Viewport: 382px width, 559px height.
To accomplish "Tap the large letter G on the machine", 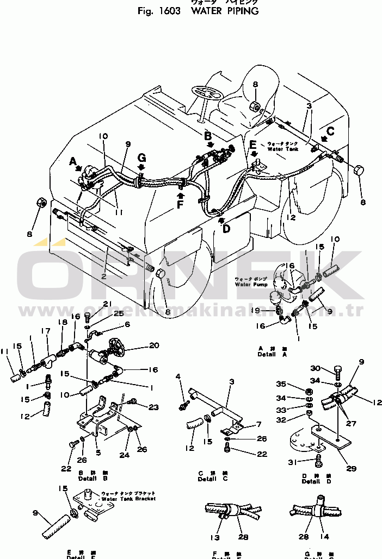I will [141, 158].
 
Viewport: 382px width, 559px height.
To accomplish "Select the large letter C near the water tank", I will [330, 130].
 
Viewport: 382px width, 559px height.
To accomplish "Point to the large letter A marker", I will [73, 161].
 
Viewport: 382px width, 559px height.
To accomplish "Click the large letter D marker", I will [226, 229].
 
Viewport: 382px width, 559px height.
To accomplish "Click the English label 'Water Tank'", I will [283, 149].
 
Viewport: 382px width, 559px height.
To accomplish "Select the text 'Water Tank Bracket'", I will [128, 498].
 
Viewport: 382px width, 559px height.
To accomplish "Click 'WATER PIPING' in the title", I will [225, 11].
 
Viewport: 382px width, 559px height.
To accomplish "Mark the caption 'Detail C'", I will [207, 479].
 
